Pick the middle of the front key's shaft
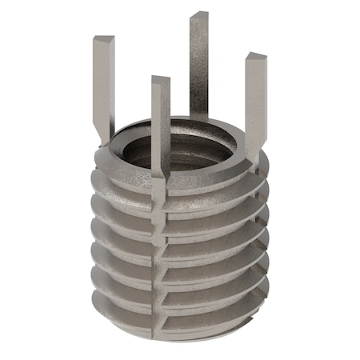click(161, 128)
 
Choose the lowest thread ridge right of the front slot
click(208, 312)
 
